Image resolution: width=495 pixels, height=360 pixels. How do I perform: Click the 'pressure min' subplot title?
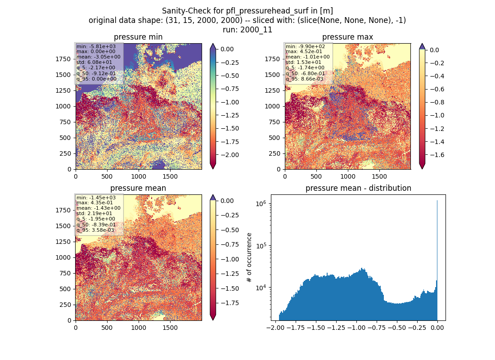pyautogui.click(x=138, y=37)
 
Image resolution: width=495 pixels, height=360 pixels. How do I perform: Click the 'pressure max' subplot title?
pyautogui.click(x=347, y=37)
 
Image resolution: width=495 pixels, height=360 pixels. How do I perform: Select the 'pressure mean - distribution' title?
pyautogui.click(x=358, y=188)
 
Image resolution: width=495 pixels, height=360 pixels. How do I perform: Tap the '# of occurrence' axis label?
pyautogui.click(x=249, y=258)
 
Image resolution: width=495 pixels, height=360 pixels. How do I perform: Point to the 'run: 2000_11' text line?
pyautogui.click(x=247, y=30)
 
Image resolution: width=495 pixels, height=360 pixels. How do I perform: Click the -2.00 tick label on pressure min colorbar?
pyautogui.click(x=229, y=155)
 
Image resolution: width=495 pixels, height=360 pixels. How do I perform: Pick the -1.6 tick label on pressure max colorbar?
pyautogui.click(x=437, y=155)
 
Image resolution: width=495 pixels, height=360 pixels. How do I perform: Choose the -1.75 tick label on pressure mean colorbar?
pyautogui.click(x=229, y=303)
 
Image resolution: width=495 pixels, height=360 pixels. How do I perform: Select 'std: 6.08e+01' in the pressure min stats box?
pyautogui.click(x=94, y=62)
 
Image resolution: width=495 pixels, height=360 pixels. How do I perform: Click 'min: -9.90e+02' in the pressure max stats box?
pyautogui.click(x=305, y=46)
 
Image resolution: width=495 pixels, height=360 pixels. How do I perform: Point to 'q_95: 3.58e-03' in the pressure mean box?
pyautogui.click(x=95, y=230)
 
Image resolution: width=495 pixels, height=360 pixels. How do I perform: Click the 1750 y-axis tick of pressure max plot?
pyautogui.click(x=272, y=59)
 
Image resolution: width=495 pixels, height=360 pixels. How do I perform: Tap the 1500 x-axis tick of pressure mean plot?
pyautogui.click(x=170, y=328)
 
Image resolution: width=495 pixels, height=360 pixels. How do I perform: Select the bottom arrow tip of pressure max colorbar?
pyautogui.click(x=422, y=169)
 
